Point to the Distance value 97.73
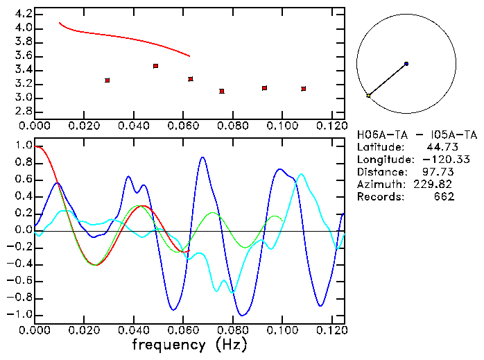click(440, 172)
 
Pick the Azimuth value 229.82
click(438, 185)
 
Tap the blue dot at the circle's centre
click(406, 64)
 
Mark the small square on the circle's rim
click(368, 95)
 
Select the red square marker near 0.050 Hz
click(156, 66)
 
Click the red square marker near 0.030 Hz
click(107, 80)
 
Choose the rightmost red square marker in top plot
click(304, 89)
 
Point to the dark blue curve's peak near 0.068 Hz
click(202, 157)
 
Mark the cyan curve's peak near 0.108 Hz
click(301, 174)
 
